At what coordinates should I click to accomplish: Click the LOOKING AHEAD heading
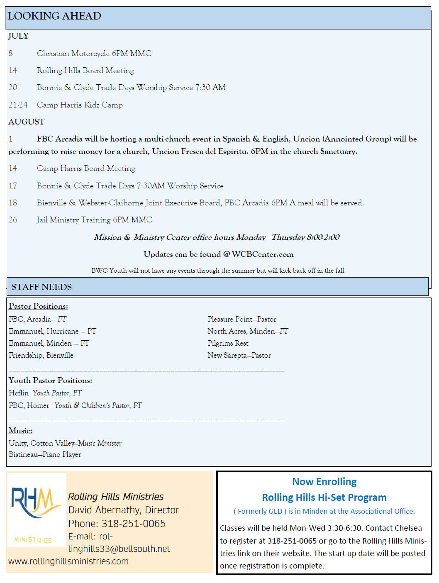[x=54, y=16]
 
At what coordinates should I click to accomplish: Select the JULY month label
[x=19, y=36]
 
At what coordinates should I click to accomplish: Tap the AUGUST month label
[x=27, y=122]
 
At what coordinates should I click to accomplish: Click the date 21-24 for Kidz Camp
[x=18, y=105]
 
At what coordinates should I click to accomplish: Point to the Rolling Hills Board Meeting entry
[x=85, y=71]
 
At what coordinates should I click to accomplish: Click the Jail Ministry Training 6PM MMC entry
[x=94, y=220]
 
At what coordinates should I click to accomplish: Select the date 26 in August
[x=13, y=220]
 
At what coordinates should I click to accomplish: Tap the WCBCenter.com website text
[x=262, y=254]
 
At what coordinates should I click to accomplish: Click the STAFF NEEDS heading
[x=41, y=287]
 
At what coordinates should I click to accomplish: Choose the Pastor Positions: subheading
[x=38, y=306]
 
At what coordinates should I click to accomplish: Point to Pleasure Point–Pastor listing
[x=241, y=319]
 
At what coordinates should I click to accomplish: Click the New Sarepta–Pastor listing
[x=239, y=355]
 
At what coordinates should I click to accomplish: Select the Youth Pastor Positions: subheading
[x=50, y=381]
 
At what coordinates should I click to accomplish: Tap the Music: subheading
[x=20, y=431]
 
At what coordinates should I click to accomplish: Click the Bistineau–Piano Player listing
[x=45, y=454]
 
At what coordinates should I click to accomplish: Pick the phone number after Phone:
[x=134, y=524]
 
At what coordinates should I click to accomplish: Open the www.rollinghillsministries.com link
[x=68, y=561]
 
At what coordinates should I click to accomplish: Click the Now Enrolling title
[x=324, y=482]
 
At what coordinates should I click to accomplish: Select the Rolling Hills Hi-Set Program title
[x=324, y=498]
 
